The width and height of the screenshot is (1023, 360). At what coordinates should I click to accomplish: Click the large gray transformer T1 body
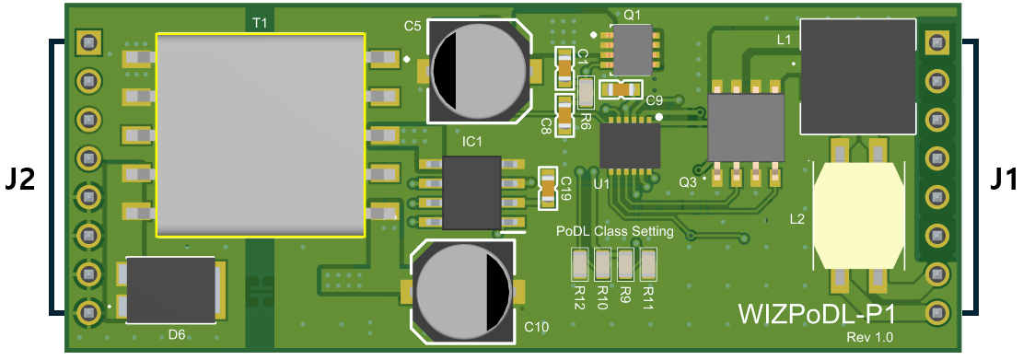coord(261,134)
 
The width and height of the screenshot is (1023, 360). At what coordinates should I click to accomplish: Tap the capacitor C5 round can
coord(479,71)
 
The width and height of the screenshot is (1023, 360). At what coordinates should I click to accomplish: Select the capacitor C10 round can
coord(463,291)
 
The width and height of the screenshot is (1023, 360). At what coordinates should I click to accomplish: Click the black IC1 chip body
coord(471,192)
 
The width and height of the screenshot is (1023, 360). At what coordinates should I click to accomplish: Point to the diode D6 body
coord(171,290)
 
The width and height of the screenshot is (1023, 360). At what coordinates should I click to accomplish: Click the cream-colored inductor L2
coord(858,215)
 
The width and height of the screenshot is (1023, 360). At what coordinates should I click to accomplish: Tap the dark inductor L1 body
coord(858,76)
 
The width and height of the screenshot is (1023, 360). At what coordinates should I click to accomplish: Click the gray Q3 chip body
coord(747,128)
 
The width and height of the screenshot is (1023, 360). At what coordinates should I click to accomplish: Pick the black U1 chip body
coord(630,145)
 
